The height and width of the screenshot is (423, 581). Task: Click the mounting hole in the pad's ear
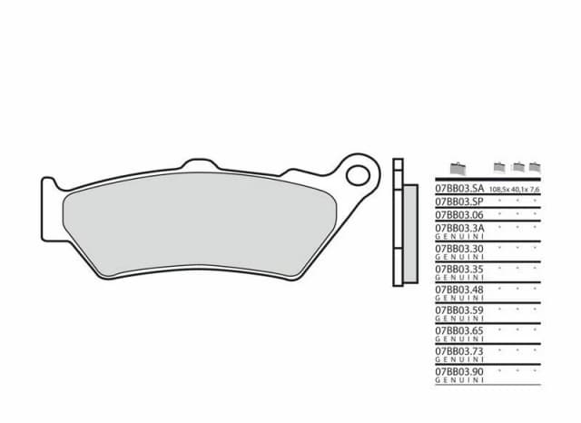[x=361, y=173]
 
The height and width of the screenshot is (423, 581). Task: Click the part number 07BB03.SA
[x=458, y=188]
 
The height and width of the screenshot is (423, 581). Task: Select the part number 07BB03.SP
[x=458, y=201]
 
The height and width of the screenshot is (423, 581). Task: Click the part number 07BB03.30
[x=458, y=248]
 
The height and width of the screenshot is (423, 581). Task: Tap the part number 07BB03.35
[x=458, y=269]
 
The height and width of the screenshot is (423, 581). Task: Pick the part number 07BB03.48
[x=458, y=290]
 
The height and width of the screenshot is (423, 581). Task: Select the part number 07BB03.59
[x=458, y=310]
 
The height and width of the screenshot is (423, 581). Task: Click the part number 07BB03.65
[x=458, y=331]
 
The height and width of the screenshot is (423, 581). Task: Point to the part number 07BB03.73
[x=458, y=351]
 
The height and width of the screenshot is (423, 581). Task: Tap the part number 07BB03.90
[x=458, y=372]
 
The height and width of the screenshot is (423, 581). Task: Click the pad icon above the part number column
[x=457, y=167]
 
